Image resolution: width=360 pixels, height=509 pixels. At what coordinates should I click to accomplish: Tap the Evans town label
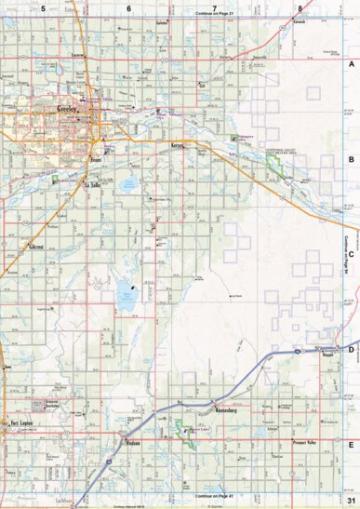pyautogui.click(x=95, y=161)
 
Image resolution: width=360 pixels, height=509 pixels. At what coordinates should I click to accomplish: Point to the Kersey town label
pyautogui.click(x=179, y=147)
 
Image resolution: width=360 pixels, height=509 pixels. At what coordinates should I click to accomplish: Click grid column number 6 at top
pyautogui.click(x=128, y=7)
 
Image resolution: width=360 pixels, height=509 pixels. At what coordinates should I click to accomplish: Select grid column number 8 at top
pyautogui.click(x=299, y=7)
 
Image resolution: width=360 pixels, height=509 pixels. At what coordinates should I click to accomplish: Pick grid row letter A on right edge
pyautogui.click(x=352, y=66)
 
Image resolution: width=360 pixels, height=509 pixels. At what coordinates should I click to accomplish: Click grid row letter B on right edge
pyautogui.click(x=352, y=160)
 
